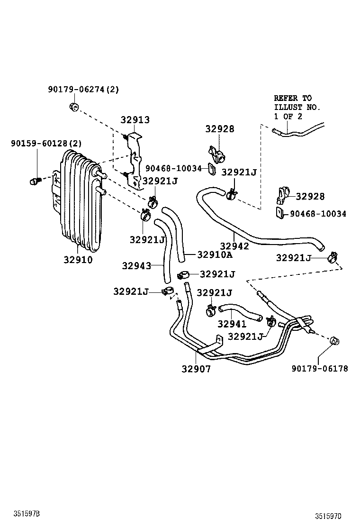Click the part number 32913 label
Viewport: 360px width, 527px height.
tap(135, 120)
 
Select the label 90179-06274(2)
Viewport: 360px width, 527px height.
tap(83, 89)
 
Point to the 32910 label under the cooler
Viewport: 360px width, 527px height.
tap(78, 260)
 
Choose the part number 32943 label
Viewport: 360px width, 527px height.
tap(136, 265)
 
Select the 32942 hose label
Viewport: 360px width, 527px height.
tap(234, 245)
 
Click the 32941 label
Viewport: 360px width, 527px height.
tap(232, 324)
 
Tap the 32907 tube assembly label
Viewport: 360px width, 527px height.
tap(196, 368)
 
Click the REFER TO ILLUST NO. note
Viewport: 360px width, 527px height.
tap(297, 107)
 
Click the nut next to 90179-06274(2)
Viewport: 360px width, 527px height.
tap(73, 107)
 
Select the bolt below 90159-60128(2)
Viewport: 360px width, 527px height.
tap(36, 180)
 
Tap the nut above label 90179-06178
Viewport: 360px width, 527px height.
tap(335, 340)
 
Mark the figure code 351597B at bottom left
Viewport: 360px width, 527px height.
tap(26, 514)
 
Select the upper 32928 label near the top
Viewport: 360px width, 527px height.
tap(220, 129)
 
